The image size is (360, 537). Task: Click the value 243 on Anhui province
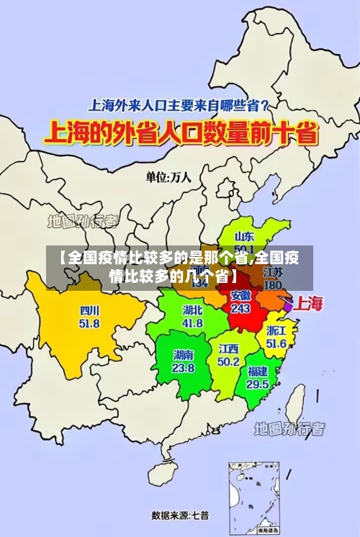point(240,308)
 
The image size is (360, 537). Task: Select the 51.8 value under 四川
point(90,324)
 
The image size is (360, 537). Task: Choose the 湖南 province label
point(184,355)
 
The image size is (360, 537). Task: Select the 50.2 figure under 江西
point(229,361)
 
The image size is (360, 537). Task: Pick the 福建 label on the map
point(258,371)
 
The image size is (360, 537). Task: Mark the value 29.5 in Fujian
point(258,384)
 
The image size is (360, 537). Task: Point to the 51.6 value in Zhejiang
point(276,344)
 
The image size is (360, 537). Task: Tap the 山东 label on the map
point(245,236)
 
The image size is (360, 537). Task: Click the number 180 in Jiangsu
point(273,285)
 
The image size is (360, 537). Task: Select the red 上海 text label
point(310,303)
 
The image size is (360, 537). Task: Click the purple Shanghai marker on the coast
point(288,306)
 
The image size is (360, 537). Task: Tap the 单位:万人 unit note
point(168,177)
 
